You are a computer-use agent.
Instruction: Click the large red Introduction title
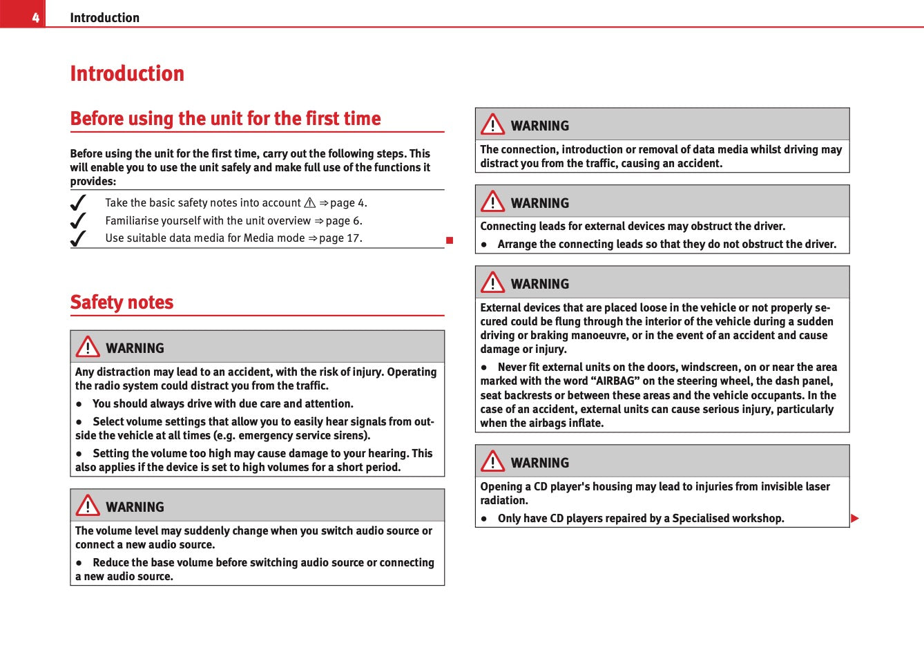coord(127,73)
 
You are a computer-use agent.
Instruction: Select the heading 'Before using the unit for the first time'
coord(225,119)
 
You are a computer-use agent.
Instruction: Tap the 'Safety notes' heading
coord(122,303)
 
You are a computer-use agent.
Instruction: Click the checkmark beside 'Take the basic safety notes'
coord(79,203)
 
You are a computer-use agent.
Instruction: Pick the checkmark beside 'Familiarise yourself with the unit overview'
coord(79,221)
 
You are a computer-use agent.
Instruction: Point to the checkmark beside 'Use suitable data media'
coord(79,238)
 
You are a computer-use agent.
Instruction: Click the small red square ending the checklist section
coord(449,240)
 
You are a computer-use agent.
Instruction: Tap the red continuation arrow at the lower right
coord(855,518)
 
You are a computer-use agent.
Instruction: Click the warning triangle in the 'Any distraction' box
coord(88,347)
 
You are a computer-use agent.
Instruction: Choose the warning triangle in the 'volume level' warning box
coord(88,506)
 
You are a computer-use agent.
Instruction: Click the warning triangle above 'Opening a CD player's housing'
coord(492,461)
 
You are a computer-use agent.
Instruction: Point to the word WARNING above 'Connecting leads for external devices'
coord(540,204)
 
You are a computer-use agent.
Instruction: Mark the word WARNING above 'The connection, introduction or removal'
coord(540,126)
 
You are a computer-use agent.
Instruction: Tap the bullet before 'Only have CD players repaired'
coord(485,519)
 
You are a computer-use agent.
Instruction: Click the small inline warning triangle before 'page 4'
coord(309,203)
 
